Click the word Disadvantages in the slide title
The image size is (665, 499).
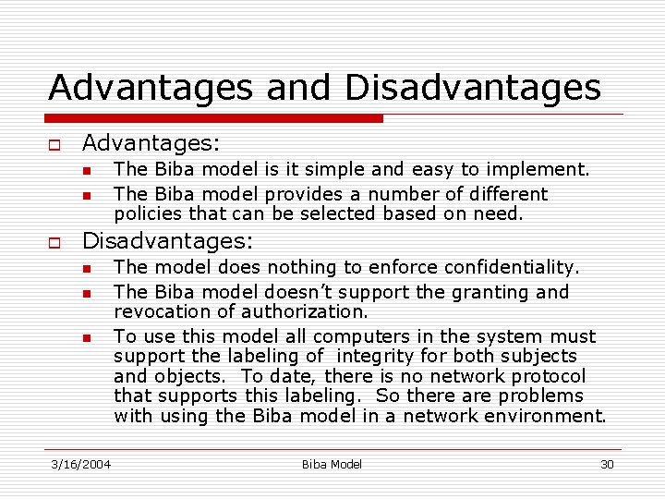(x=473, y=88)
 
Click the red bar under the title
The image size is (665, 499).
(x=215, y=118)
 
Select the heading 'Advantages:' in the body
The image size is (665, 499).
(x=151, y=143)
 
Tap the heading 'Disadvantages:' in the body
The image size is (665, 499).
(x=167, y=241)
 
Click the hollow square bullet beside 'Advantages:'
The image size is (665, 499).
(x=54, y=145)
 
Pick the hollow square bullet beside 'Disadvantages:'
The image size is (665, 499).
(x=54, y=242)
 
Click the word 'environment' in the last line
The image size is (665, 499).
(x=549, y=416)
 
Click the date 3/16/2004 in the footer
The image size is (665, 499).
(x=80, y=464)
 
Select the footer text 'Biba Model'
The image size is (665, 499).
(x=332, y=464)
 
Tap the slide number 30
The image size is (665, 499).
(x=607, y=464)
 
